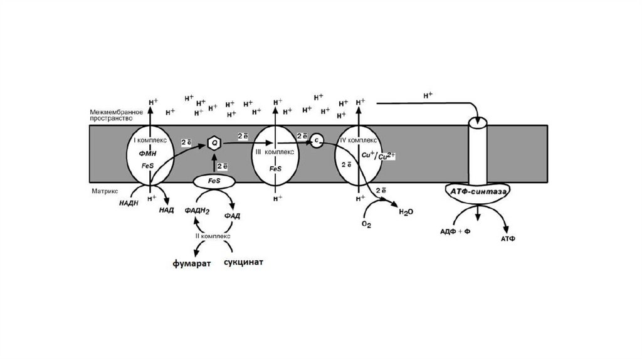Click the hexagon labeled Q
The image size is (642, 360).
tap(214, 144)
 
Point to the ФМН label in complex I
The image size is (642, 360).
tap(148, 153)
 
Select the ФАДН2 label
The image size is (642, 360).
tap(196, 211)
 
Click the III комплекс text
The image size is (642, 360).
tap(276, 152)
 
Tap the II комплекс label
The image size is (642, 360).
tap(213, 236)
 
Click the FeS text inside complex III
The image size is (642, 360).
tap(275, 169)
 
